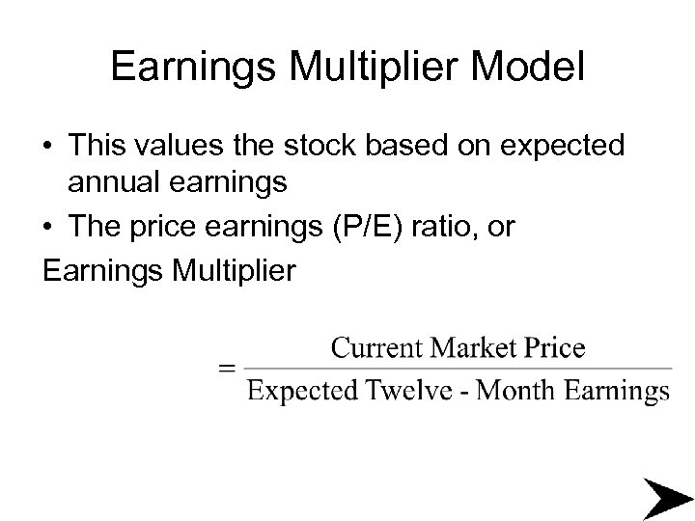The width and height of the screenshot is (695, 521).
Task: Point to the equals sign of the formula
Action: [x=227, y=368]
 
